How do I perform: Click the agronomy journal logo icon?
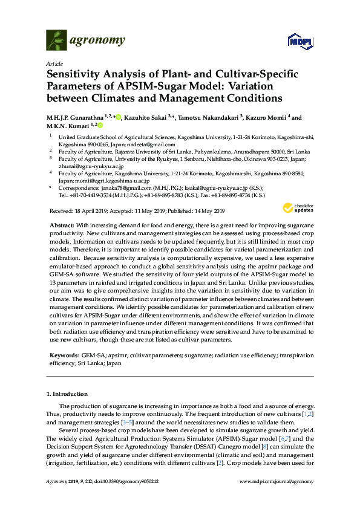[x=57, y=40]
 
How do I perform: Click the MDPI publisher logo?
[x=299, y=41]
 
